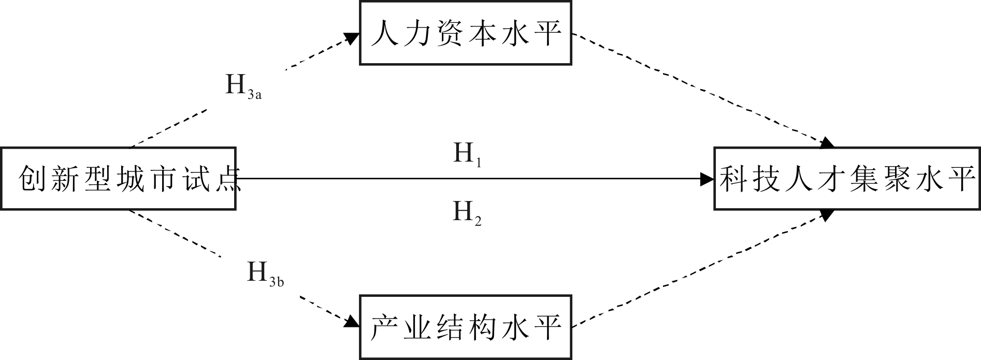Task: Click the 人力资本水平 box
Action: coord(465,33)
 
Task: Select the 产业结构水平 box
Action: coord(465,327)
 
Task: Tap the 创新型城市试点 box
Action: coord(118,179)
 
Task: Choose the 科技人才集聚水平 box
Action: coord(847,179)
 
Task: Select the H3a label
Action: coord(242,87)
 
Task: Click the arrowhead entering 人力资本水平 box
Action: coord(352,38)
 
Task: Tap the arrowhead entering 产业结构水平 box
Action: coord(352,322)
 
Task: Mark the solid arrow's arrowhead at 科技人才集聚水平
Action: coord(707,179)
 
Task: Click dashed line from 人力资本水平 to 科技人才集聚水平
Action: coord(699,88)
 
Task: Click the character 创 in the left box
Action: coord(31,180)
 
